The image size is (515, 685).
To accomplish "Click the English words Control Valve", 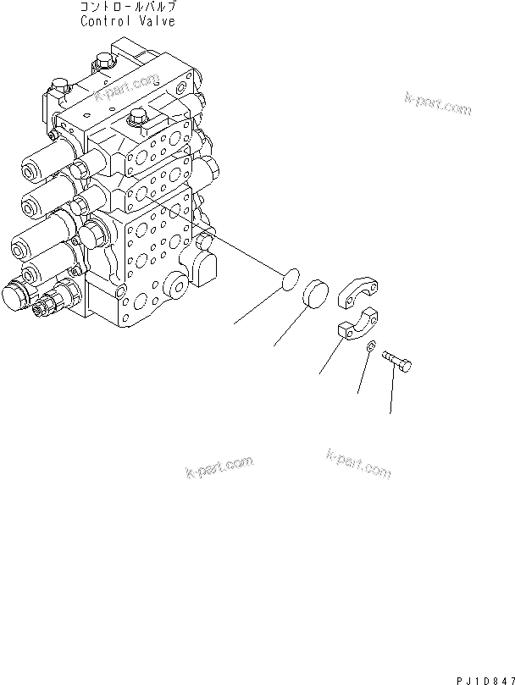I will pos(128,22).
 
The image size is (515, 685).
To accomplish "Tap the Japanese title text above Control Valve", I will pos(128,8).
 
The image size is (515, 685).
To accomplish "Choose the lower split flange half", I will pos(358,329).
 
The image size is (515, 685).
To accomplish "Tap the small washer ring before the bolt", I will pos(371,347).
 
